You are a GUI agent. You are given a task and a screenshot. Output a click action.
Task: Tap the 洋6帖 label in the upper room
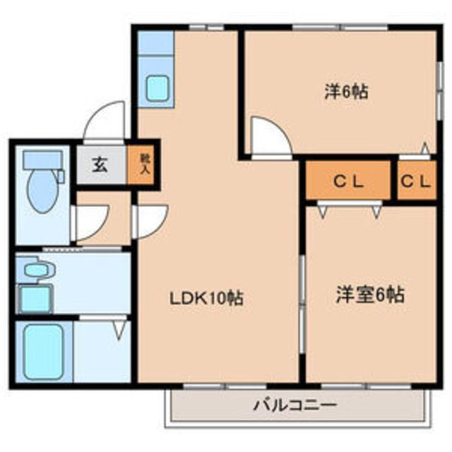(346, 93)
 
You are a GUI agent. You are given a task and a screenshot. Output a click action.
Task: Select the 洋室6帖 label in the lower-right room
(369, 295)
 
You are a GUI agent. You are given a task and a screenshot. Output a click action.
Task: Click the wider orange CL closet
(348, 181)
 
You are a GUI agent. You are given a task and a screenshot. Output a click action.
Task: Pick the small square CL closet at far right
(416, 181)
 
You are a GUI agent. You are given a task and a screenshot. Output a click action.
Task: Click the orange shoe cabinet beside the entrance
(144, 165)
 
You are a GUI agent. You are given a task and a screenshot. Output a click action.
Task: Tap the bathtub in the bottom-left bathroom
(44, 352)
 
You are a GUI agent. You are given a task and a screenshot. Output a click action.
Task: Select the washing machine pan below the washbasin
(34, 298)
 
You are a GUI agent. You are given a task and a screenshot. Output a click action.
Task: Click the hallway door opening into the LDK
(148, 221)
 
